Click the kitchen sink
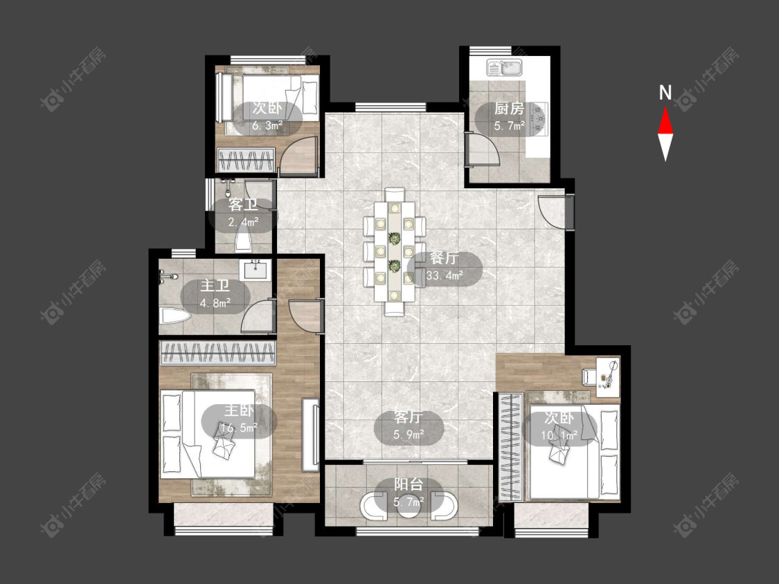coord(504,68)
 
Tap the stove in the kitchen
coord(539,119)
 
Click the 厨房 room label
coord(509,108)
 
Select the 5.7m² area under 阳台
coord(409,502)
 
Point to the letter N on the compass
coord(665,93)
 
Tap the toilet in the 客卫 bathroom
coord(243,241)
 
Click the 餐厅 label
coord(444,259)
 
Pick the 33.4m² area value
coord(445,275)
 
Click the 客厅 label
coord(409,418)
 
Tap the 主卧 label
coord(239,411)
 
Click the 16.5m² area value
coord(239,427)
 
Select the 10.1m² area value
coord(559,435)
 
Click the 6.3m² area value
coord(267,125)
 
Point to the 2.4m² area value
coord(243,221)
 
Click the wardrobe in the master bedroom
coord(217,354)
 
